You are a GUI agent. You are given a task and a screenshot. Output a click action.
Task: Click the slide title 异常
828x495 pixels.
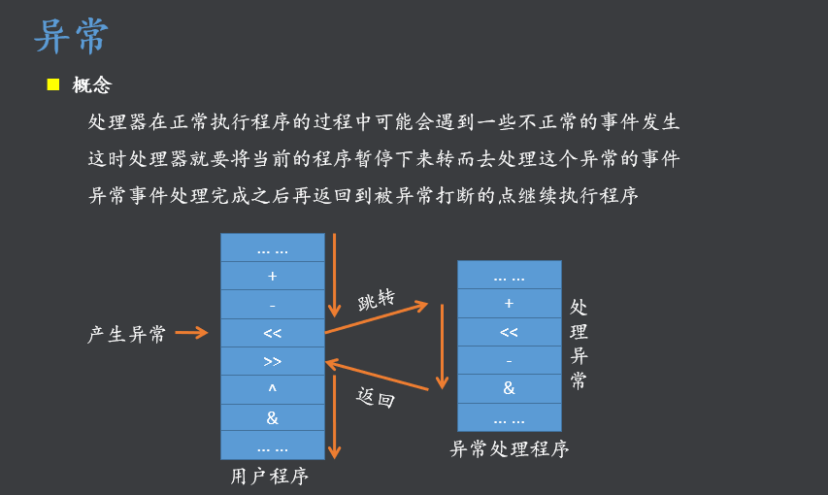[x=71, y=37]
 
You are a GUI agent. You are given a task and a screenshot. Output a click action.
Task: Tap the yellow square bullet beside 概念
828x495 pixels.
[x=53, y=84]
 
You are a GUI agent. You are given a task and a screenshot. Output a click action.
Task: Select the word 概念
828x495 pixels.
[x=92, y=85]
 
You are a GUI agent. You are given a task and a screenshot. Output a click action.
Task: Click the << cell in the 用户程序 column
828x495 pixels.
[x=272, y=333]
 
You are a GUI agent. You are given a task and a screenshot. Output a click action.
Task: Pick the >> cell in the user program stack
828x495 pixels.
[x=272, y=361]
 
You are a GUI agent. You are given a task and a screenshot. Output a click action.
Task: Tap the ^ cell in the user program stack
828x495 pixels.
[x=272, y=389]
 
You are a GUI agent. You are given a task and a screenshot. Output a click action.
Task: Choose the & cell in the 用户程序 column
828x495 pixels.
[x=272, y=417]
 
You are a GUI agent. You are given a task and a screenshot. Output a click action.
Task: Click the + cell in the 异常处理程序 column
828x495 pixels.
[x=509, y=303]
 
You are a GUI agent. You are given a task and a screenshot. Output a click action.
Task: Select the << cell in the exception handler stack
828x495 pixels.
[x=509, y=332]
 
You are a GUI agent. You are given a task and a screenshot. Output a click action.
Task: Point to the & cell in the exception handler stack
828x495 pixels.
[x=509, y=388]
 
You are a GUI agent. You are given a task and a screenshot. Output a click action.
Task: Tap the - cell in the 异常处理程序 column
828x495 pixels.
[x=509, y=360]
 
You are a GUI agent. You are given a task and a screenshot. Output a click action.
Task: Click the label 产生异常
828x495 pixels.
[x=127, y=334]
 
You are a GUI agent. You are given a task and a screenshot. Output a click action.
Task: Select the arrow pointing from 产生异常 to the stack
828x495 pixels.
[x=191, y=333]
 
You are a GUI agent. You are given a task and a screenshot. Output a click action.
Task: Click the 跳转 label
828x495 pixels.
[x=377, y=300]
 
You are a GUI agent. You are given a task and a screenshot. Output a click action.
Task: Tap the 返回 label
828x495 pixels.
[x=376, y=396]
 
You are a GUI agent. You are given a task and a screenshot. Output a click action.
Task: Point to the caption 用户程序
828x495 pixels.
[x=270, y=477]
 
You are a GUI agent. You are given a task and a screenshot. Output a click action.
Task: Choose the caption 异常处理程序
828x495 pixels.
[x=509, y=449]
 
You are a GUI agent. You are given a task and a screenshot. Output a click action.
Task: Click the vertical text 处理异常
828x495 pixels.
[x=579, y=344]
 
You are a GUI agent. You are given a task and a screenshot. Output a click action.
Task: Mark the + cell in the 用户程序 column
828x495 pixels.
[x=272, y=276]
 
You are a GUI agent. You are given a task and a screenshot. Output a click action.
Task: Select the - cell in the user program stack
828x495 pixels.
[x=272, y=304]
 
